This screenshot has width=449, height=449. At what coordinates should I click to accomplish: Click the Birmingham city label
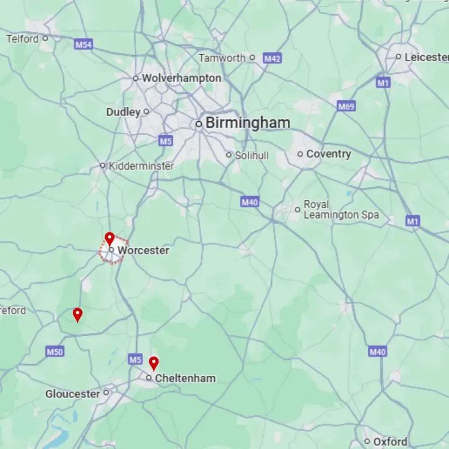coord(248,123)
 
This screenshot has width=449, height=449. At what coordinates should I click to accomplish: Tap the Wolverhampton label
coord(181,78)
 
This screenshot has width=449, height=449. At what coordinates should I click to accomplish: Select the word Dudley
coord(123,112)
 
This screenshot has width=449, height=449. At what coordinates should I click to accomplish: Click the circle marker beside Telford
coord(45,39)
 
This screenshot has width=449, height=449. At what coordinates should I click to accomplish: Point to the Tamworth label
coord(222,58)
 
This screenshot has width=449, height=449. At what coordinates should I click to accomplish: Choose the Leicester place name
coord(426,57)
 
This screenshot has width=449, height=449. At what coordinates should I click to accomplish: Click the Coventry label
coord(328,154)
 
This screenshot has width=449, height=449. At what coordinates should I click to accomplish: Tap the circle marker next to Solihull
coord(229,155)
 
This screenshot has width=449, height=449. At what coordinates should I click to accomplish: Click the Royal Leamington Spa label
coord(341,210)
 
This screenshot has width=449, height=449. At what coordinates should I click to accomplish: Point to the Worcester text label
coord(143,250)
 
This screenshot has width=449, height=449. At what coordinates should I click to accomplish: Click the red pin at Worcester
coord(109,238)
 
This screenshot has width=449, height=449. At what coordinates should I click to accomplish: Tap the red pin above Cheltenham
coord(154,363)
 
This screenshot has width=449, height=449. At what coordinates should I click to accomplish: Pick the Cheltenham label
coord(185,378)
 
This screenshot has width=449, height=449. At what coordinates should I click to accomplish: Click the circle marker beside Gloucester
coord(106,392)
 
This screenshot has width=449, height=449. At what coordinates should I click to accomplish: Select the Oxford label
coord(390,441)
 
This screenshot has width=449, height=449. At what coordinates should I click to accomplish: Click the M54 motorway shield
coord(84,44)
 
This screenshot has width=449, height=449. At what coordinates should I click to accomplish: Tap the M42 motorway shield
coord(272,58)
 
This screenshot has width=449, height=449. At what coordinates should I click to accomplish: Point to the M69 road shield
coord(346,106)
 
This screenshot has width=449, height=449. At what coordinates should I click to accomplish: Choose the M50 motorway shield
coord(55,352)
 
